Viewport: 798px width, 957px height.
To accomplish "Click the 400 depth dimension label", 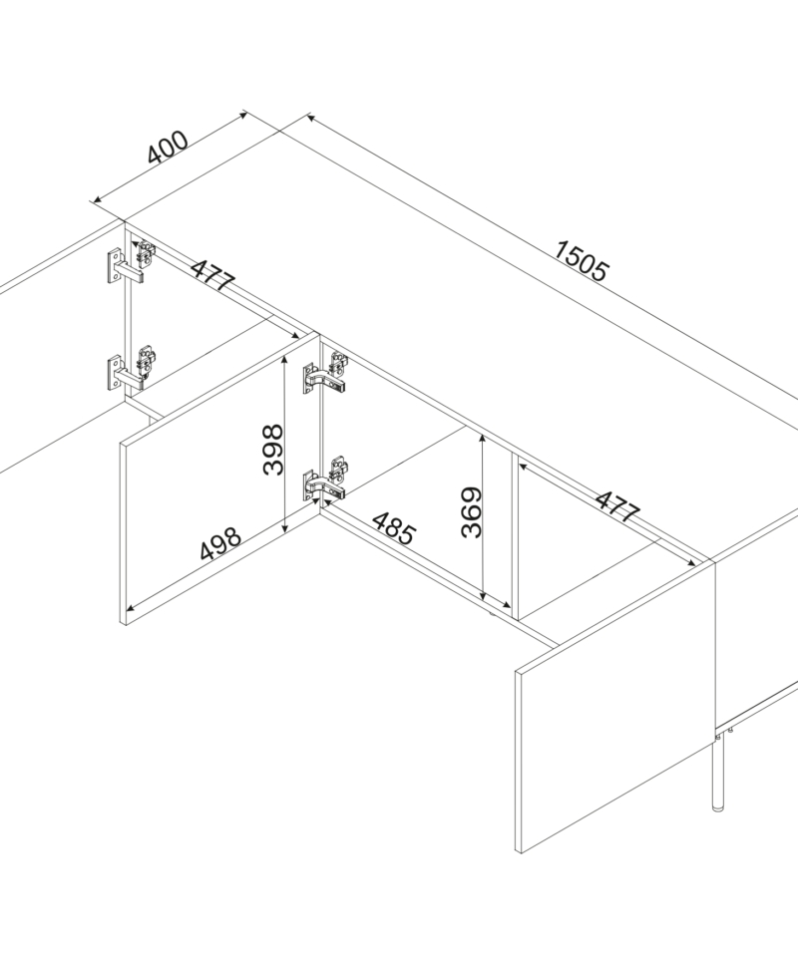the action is (168, 148).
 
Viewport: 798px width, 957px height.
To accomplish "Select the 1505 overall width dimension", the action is (582, 261).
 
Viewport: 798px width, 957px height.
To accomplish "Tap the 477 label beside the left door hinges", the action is (212, 275).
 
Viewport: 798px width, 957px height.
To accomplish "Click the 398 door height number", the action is (273, 450).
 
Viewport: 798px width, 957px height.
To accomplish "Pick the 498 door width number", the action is (220, 543).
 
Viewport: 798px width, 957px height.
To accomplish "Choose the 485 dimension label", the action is (394, 528).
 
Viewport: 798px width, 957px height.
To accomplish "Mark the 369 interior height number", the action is (472, 512).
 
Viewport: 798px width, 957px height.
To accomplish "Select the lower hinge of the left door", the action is (130, 368).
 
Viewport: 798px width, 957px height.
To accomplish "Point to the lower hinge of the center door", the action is (325, 479).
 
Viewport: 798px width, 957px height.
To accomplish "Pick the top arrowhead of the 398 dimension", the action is (284, 361).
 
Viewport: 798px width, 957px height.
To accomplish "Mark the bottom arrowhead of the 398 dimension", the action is (284, 528).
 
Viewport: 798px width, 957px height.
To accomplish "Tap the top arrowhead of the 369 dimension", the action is (483, 439).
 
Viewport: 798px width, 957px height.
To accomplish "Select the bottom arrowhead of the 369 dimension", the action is (483, 596).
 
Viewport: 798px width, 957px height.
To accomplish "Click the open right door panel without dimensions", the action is (614, 707).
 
